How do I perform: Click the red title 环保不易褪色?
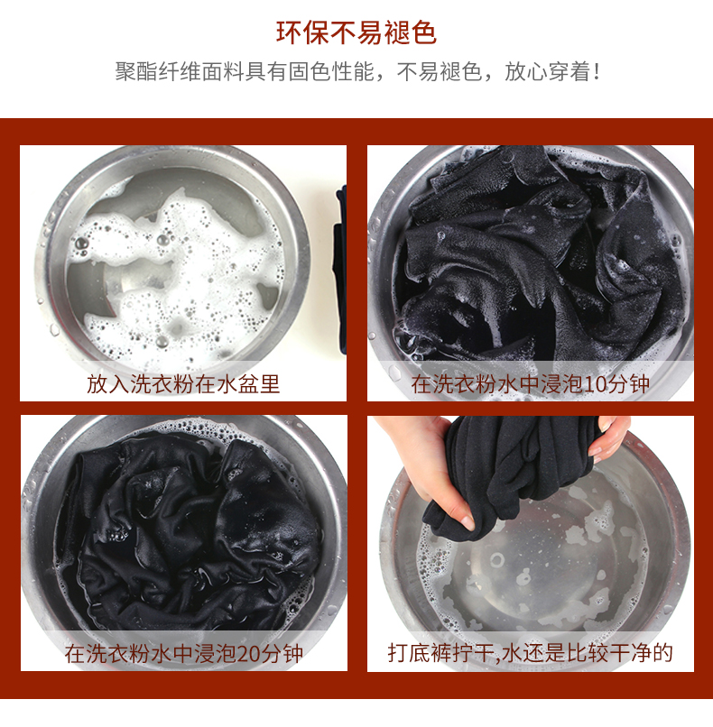[x=356, y=32]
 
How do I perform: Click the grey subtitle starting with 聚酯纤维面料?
[x=357, y=71]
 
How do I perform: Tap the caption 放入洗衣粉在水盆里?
[x=183, y=384]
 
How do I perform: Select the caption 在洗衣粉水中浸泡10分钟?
[x=530, y=384]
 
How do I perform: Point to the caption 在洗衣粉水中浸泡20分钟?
[x=184, y=654]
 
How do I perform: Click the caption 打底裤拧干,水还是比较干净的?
[x=530, y=653]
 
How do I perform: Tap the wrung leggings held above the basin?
[x=515, y=473]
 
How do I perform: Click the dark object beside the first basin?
[x=340, y=269]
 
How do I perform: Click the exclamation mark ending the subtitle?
[x=597, y=72]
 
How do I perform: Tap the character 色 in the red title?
[x=423, y=32]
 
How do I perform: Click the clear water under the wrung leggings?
[x=538, y=575]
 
